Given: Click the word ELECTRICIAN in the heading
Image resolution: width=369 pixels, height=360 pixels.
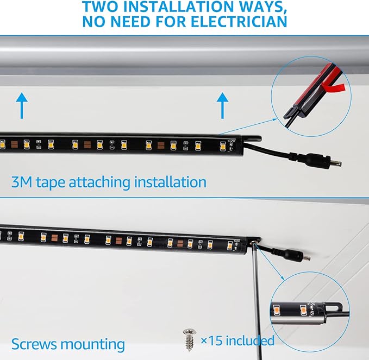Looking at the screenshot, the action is tap(239, 22).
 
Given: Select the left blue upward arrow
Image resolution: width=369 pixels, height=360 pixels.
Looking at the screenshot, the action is tap(22, 105).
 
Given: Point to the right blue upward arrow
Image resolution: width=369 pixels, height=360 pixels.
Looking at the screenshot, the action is tap(222, 105).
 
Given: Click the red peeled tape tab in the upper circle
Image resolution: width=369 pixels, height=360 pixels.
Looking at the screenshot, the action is tap(335, 87).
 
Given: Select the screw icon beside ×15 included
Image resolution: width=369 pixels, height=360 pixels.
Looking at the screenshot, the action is tap(190, 340).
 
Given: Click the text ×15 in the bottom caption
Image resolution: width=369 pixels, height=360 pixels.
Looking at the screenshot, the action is tap(211, 340).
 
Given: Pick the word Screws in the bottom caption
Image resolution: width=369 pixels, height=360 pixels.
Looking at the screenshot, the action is tap(34, 344).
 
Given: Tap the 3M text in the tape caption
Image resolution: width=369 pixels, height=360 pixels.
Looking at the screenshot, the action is tap(22, 182).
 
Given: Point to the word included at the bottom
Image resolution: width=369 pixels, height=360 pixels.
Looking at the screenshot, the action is tap(250, 340).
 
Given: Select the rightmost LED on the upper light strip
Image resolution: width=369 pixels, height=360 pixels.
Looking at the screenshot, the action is tap(223, 146).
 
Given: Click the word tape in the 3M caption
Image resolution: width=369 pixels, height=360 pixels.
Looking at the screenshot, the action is tap(50, 183).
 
